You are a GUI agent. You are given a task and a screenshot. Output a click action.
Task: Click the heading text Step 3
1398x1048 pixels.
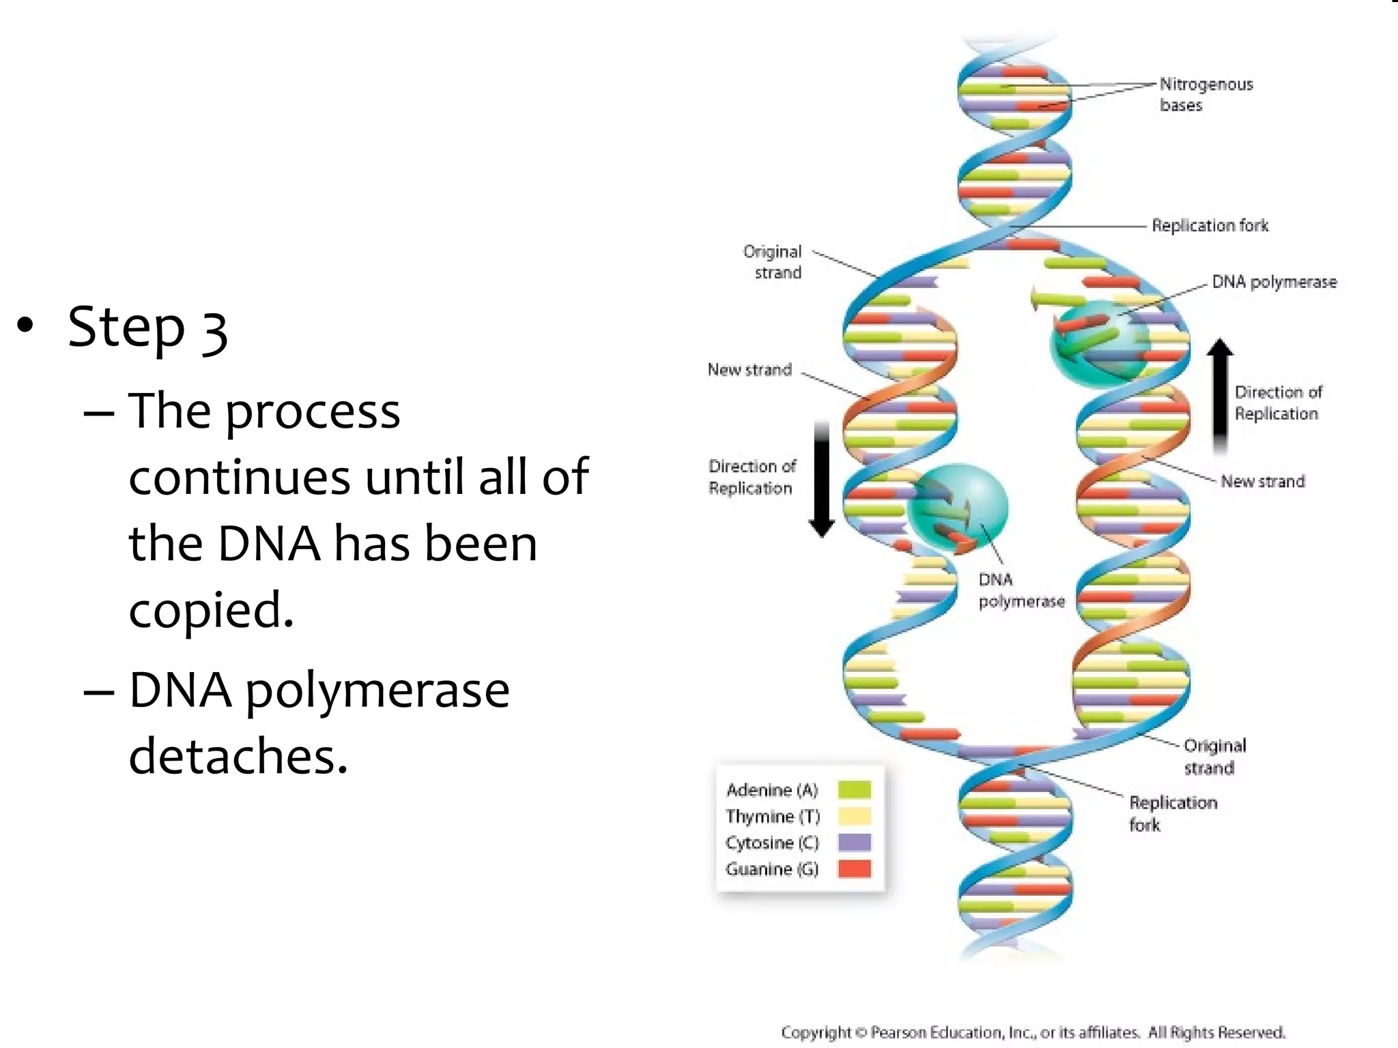pos(147,328)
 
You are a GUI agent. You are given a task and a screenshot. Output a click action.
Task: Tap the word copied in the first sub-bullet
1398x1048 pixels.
pos(211,609)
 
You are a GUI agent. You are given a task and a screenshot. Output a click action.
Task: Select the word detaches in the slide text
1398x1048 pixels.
pos(238,756)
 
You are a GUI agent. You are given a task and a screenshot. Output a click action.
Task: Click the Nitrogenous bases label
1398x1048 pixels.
pos(1206,94)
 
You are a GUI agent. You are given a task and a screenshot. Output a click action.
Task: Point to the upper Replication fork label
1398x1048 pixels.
pos(1210,225)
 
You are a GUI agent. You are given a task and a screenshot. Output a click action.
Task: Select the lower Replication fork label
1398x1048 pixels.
pos(1172,813)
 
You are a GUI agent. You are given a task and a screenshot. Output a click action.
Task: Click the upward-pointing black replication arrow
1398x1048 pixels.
pos(1220,396)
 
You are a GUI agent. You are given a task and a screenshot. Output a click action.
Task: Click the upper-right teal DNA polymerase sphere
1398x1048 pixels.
pos(1099,343)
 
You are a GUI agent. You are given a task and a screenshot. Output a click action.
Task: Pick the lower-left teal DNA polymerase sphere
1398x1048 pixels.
pos(958,507)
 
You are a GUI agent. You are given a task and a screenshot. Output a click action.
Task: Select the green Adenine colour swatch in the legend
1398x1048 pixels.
pos(854,789)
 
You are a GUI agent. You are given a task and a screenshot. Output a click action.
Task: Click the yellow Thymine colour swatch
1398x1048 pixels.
pos(854,816)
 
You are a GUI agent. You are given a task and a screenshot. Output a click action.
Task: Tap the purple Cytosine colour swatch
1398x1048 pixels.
pos(854,843)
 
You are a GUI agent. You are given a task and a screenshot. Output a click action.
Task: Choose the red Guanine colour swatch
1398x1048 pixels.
pos(854,869)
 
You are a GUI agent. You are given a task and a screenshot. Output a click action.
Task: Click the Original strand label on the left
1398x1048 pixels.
pos(773,262)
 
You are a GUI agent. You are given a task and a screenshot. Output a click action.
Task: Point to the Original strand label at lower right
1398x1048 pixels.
pos(1214,756)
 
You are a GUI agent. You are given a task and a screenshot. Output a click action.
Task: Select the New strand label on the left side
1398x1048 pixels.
pos(750,370)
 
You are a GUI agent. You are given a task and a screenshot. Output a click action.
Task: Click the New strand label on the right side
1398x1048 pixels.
pos(1262,482)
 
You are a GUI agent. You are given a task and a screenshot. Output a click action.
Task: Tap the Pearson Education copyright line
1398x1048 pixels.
pos(1032,1032)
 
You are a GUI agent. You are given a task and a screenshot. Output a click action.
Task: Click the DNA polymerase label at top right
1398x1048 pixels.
pos(1274,282)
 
